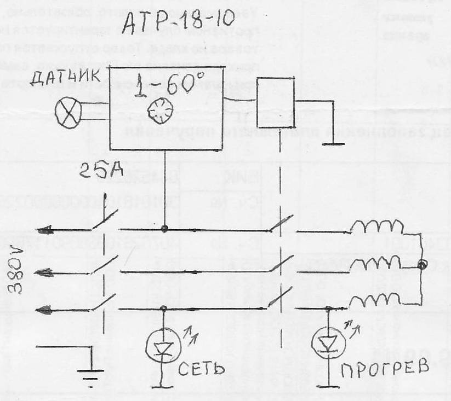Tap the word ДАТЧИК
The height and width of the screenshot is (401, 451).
pyautogui.click(x=64, y=82)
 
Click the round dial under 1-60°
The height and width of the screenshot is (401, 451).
pyautogui.click(x=161, y=113)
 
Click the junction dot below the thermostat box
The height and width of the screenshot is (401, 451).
pyautogui.click(x=164, y=229)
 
